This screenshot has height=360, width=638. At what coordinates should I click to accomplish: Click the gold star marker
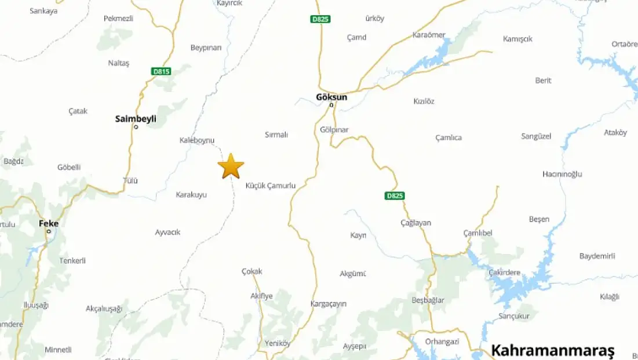point(231,166)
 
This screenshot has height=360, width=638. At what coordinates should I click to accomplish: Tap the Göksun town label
point(331,97)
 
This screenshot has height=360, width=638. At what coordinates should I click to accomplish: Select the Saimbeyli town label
point(136,119)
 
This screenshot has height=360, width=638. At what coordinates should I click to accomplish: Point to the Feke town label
point(49,223)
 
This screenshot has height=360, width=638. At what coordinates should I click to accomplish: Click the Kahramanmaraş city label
point(552,350)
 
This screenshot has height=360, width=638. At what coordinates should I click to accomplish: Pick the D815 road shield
point(161,71)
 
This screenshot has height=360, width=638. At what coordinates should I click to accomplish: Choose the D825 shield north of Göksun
point(320,19)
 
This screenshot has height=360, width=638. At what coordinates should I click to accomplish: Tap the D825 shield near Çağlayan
point(394,196)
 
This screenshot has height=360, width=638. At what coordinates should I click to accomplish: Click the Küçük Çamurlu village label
point(271,186)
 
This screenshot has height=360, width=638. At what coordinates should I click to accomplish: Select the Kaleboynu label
point(197,140)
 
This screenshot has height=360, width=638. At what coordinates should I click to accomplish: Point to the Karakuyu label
point(191,195)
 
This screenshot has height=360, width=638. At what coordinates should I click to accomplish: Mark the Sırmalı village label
point(276,134)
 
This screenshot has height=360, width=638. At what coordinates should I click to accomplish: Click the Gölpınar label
point(334,130)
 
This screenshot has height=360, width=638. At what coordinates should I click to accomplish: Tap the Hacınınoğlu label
point(562,174)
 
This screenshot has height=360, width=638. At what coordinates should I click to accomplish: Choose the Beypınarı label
point(206,48)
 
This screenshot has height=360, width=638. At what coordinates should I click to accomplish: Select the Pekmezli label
point(118,19)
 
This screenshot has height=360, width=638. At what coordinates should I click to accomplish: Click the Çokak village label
point(252,271)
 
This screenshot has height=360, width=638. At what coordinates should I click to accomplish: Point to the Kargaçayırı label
point(329,304)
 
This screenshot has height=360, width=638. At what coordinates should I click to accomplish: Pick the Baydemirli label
point(597,256)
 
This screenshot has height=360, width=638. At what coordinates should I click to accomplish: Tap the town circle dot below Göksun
point(331,106)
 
